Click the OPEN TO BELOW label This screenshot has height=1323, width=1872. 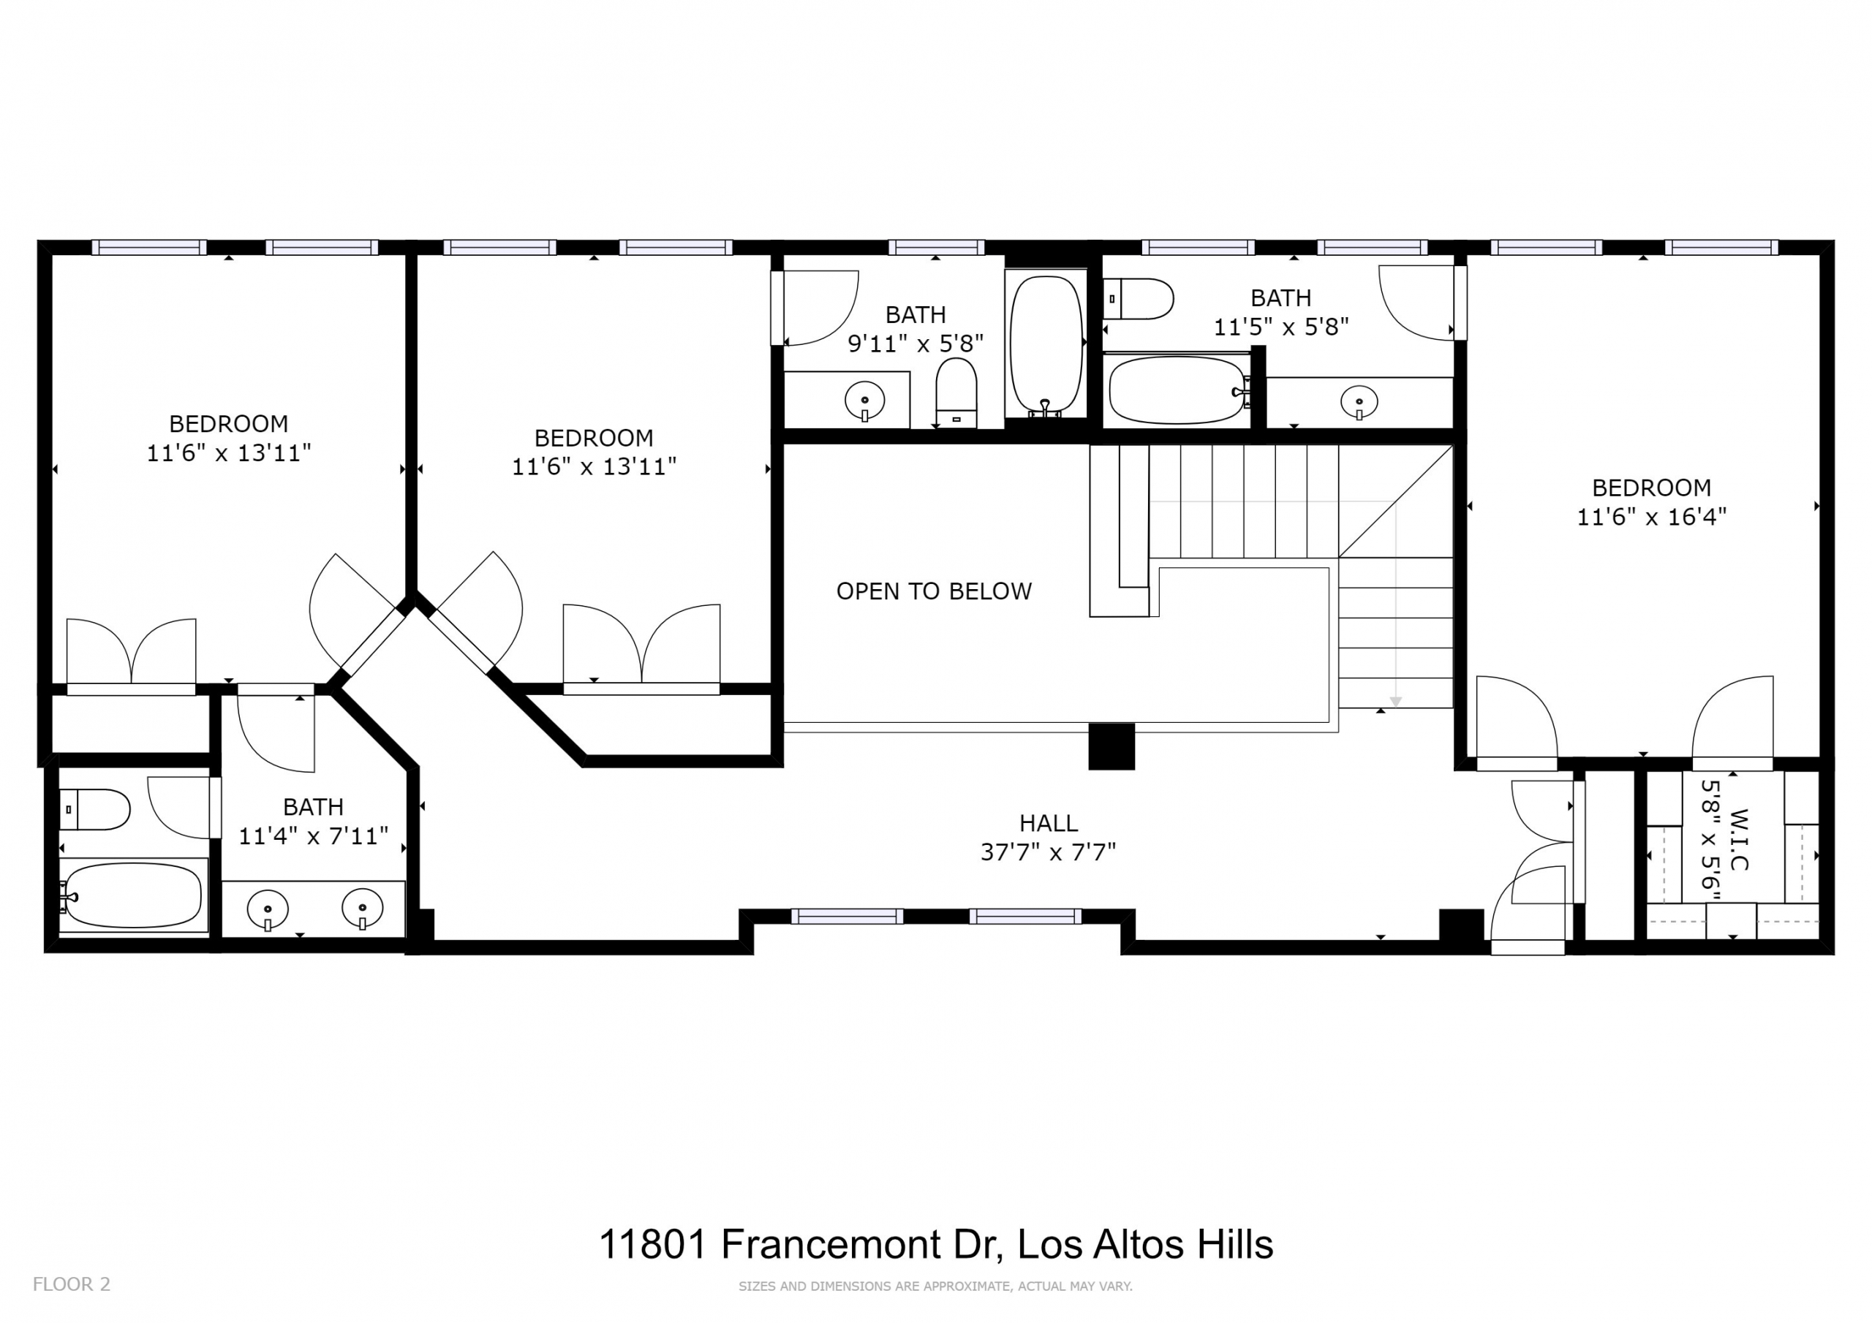point(934,591)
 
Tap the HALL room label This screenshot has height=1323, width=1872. point(1049,822)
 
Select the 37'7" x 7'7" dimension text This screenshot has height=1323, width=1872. point(1048,852)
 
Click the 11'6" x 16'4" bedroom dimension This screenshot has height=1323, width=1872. point(1651,517)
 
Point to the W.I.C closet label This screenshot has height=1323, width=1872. point(1737,839)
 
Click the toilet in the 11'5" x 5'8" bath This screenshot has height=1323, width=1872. point(1139,298)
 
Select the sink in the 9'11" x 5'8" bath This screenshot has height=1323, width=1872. point(865,401)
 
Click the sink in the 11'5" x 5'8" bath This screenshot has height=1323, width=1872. point(1359,402)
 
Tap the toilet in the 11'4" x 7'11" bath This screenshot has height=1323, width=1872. point(94,809)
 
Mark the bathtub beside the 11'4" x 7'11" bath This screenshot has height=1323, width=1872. point(132,895)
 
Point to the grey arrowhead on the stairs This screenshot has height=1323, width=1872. point(1396,702)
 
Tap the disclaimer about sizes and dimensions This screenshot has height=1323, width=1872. point(935,1286)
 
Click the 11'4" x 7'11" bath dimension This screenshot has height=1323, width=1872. point(313,835)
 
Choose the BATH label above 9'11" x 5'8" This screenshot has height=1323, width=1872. point(916,314)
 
